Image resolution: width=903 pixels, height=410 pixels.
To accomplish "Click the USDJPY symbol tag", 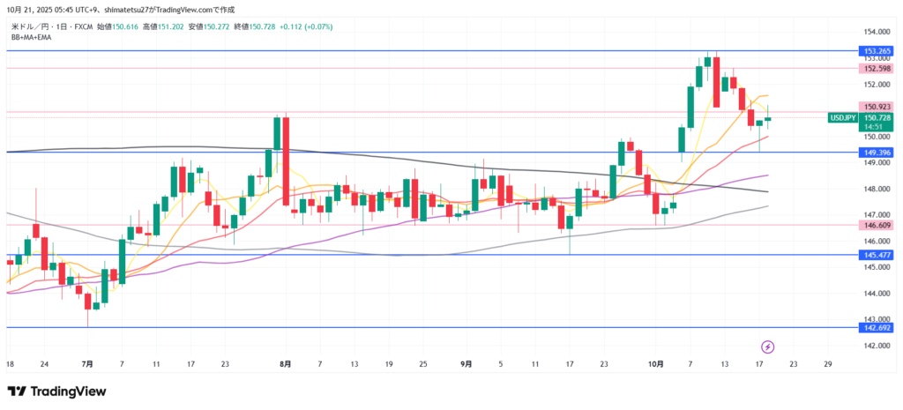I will click(843, 117).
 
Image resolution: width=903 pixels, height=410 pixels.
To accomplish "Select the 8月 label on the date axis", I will click(284, 363).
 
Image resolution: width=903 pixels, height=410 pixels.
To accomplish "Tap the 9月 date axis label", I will click(466, 363).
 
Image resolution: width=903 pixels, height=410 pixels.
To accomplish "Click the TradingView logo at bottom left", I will click(56, 391).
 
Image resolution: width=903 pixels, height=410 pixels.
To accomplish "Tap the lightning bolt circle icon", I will click(767, 347).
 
